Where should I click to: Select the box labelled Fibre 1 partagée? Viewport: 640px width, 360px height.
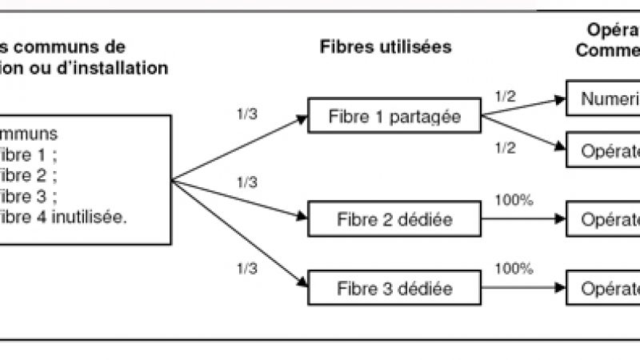point(394,118)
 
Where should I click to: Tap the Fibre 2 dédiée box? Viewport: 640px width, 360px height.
point(394,218)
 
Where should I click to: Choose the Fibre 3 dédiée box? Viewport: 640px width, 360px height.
point(394,287)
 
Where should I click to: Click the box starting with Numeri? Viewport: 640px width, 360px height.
point(603,100)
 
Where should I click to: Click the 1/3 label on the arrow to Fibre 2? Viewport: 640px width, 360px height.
point(248,182)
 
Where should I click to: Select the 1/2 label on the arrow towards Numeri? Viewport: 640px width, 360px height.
point(506,96)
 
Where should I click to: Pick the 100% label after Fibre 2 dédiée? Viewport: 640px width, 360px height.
point(514,199)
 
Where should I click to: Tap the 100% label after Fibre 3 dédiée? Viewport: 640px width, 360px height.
point(514,268)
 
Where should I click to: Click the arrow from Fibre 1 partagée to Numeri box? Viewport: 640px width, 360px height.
point(524,108)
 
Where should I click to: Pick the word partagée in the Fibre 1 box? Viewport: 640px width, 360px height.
point(433,118)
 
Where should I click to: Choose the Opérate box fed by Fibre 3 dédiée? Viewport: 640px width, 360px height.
point(603,287)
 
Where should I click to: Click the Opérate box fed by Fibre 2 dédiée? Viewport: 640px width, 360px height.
point(603,218)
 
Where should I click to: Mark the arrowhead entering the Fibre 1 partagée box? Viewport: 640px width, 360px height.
point(302,119)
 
